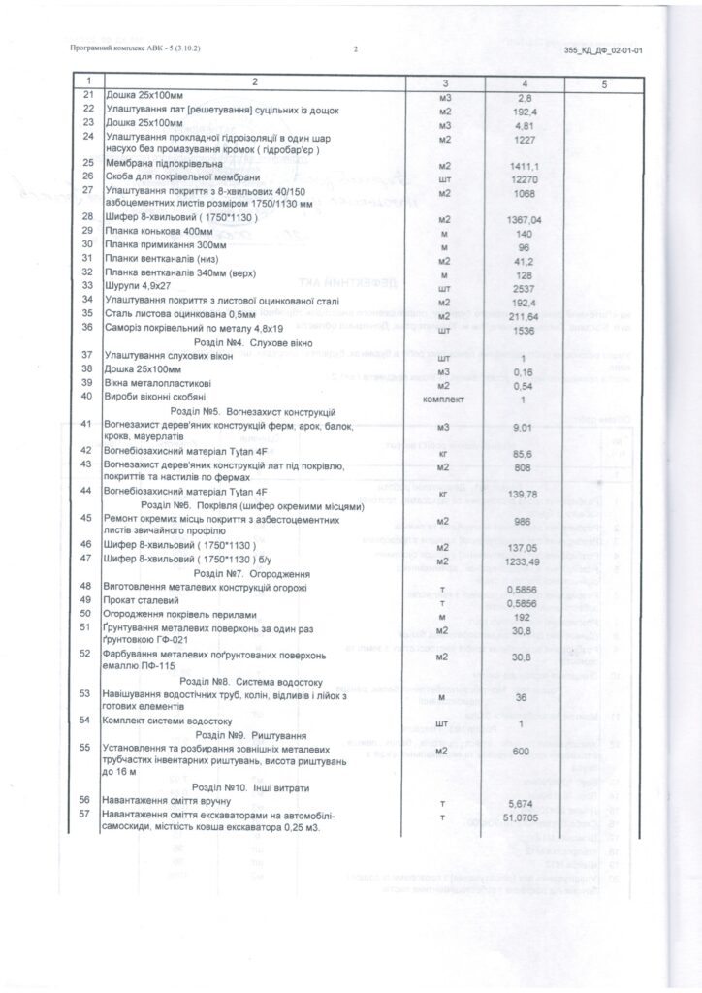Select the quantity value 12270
(x=522, y=177)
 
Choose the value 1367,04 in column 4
(x=522, y=219)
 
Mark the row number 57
(x=87, y=814)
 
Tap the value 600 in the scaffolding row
(x=522, y=751)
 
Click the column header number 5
(x=603, y=84)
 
